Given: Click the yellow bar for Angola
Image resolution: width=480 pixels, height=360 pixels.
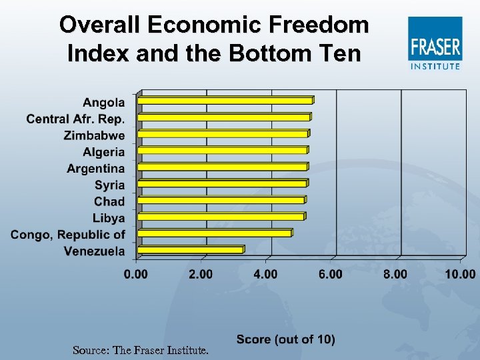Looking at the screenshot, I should pos(225,101).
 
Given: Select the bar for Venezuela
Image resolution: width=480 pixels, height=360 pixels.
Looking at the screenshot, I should pos(190,250).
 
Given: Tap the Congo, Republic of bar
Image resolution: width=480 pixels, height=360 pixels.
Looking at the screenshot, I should pos(215,233).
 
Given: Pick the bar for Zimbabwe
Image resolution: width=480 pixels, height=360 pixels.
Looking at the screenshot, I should pos(223,134).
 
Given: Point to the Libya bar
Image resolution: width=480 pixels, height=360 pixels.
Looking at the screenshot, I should pos(221,217).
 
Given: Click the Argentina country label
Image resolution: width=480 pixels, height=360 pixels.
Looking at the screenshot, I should pos(95,168).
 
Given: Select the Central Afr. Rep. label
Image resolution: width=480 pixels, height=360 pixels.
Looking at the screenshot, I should pos(75,119).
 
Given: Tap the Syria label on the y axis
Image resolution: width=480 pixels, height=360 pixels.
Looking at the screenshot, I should pos(109,185).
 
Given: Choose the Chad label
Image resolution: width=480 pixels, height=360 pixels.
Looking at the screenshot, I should pos(109,201).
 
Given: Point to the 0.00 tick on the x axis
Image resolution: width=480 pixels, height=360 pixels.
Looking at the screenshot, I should pos(136,274).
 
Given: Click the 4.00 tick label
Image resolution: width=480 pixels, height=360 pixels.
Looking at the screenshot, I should pos(266,274).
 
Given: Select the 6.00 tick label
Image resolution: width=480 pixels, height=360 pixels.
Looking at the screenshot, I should pos(331,274).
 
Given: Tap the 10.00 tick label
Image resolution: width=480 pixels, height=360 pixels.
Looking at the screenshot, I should pos(460,274).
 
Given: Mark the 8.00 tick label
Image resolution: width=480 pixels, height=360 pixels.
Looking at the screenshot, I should pos(395,274).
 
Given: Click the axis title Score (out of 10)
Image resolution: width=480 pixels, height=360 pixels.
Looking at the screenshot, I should pos(285,339).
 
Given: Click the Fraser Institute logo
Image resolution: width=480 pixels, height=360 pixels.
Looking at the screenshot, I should pos(435,44).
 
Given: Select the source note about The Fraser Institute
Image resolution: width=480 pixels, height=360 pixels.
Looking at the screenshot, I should pos(140,349).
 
